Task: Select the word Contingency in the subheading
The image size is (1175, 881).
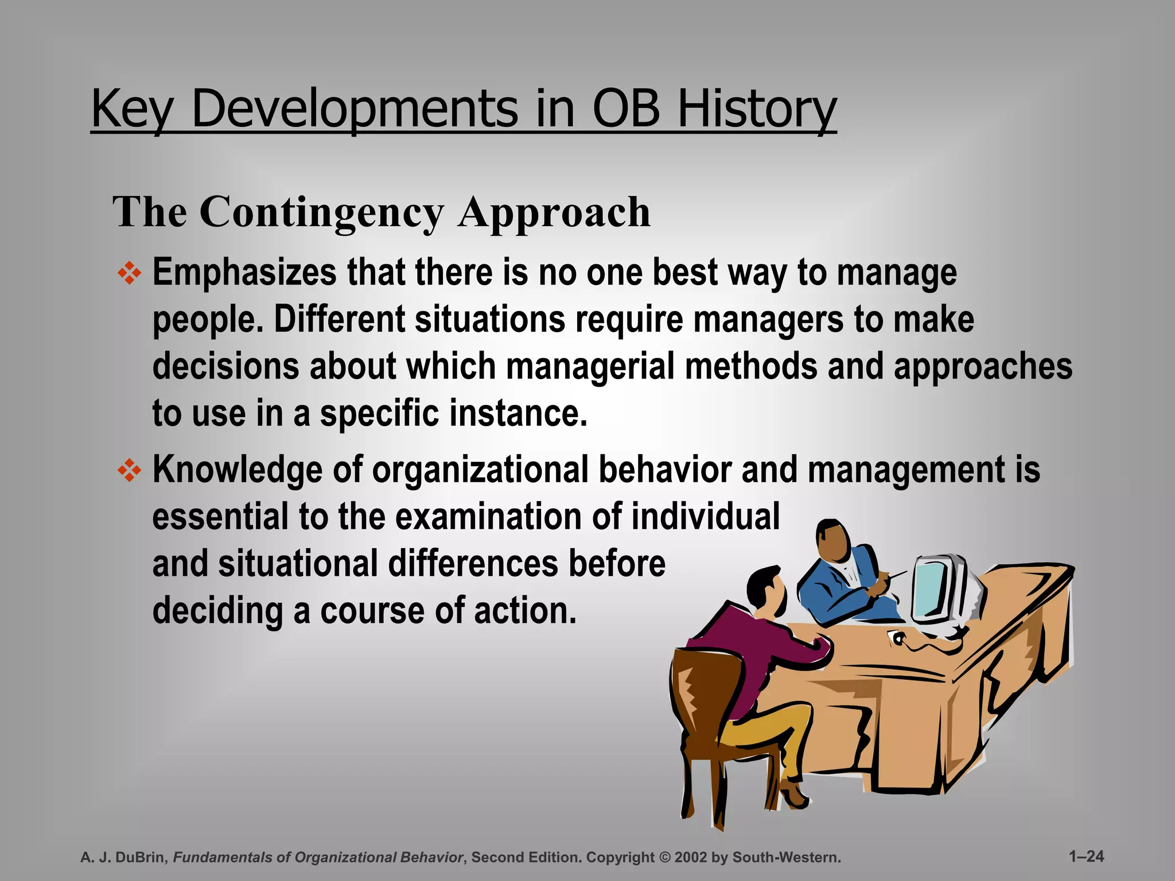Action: pos(321,212)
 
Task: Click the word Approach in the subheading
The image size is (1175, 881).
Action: pos(554,212)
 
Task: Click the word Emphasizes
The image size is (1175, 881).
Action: pos(244,272)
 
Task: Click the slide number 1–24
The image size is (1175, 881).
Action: pos(1086,856)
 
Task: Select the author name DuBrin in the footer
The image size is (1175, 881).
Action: pos(142,857)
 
